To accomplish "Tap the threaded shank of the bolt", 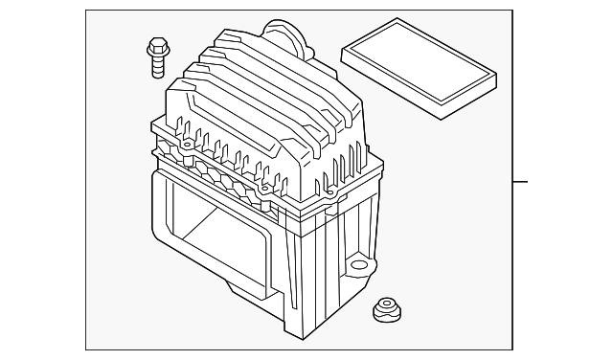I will click(x=155, y=64).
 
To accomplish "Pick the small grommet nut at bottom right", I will click(x=386, y=310).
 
